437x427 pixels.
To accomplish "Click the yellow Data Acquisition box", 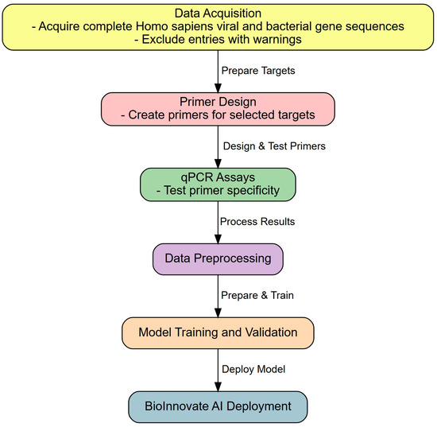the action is (218, 27).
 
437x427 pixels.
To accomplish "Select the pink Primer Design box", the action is (218, 109).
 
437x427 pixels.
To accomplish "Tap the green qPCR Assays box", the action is (218, 184).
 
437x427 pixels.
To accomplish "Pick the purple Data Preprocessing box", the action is (218, 258).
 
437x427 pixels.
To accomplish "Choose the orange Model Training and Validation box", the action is (218, 332).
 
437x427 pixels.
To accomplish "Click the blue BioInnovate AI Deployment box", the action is (218, 406).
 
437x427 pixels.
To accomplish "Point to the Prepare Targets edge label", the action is (258, 71).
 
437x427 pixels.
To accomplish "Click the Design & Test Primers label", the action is (274, 146).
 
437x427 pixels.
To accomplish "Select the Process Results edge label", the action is (257, 221).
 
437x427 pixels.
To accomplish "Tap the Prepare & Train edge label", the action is (257, 295).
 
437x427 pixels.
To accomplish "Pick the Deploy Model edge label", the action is (253, 369).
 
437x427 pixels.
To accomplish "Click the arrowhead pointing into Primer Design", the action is (218, 87).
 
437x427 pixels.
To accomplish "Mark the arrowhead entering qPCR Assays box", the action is (218, 163).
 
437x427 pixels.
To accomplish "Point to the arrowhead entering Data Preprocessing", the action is (218, 239).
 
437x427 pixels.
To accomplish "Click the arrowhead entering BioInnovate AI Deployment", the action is (218, 386).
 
